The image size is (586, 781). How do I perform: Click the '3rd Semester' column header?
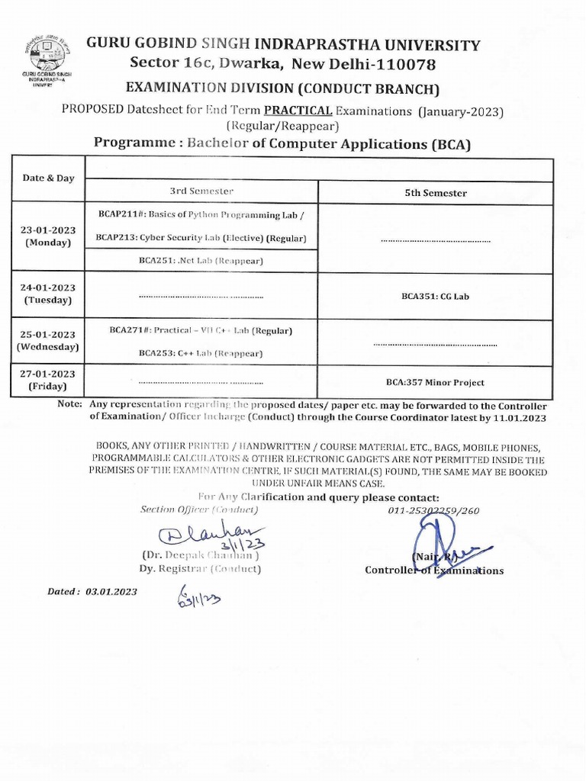pos(201,191)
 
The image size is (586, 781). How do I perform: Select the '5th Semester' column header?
pos(436,193)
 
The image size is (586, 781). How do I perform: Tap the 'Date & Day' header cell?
pos(49,178)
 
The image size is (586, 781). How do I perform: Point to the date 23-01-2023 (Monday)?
pos(48,236)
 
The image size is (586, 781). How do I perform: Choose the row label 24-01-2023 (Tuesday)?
pos(48,294)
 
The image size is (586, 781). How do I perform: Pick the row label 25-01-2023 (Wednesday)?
pos(48,340)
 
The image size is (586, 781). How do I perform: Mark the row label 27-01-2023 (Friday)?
pos(48,380)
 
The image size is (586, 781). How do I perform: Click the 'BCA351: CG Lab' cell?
pos(436,296)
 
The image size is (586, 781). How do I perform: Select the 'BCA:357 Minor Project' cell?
pos(435,383)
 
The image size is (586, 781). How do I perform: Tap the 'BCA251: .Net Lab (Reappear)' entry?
pos(201,261)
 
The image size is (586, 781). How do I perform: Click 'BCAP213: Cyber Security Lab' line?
pos(201,239)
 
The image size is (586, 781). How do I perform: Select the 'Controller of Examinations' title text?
pos(434,570)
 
